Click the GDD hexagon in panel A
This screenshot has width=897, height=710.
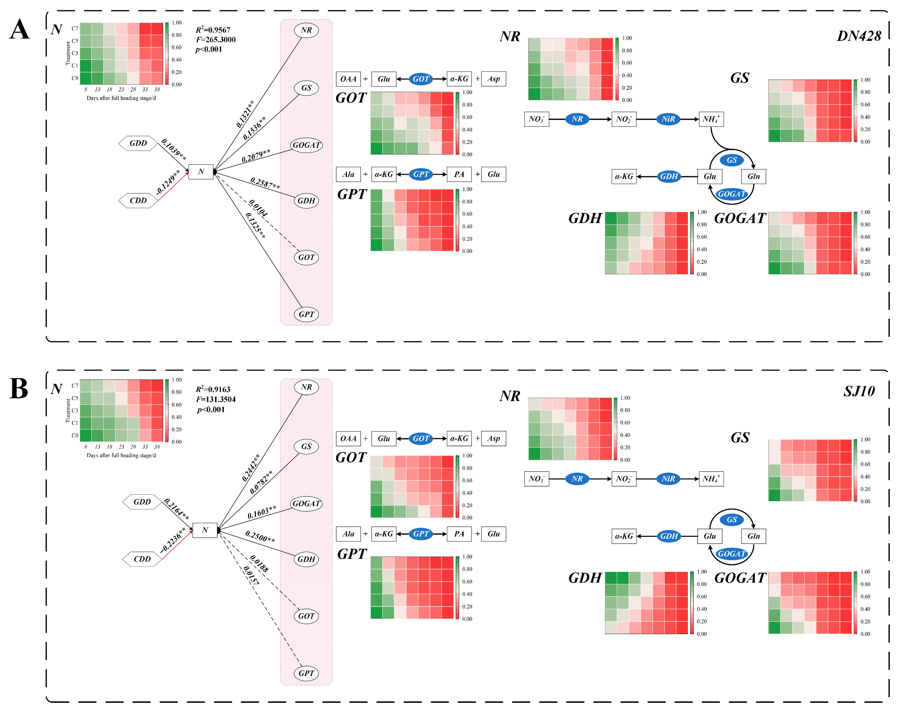[x=138, y=143]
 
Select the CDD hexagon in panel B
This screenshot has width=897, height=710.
[x=142, y=559]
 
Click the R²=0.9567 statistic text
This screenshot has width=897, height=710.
[x=213, y=30]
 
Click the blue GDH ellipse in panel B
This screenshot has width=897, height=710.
[x=669, y=536]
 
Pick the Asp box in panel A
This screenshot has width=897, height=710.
[x=494, y=79]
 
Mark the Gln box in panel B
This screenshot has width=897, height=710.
[x=754, y=536]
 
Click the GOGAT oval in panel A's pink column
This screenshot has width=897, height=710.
[x=306, y=145]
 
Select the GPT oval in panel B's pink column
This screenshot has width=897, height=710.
[x=306, y=673]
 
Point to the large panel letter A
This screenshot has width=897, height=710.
[x=20, y=30]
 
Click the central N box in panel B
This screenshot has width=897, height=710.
[x=205, y=530]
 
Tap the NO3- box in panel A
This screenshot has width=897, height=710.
[x=536, y=119]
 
